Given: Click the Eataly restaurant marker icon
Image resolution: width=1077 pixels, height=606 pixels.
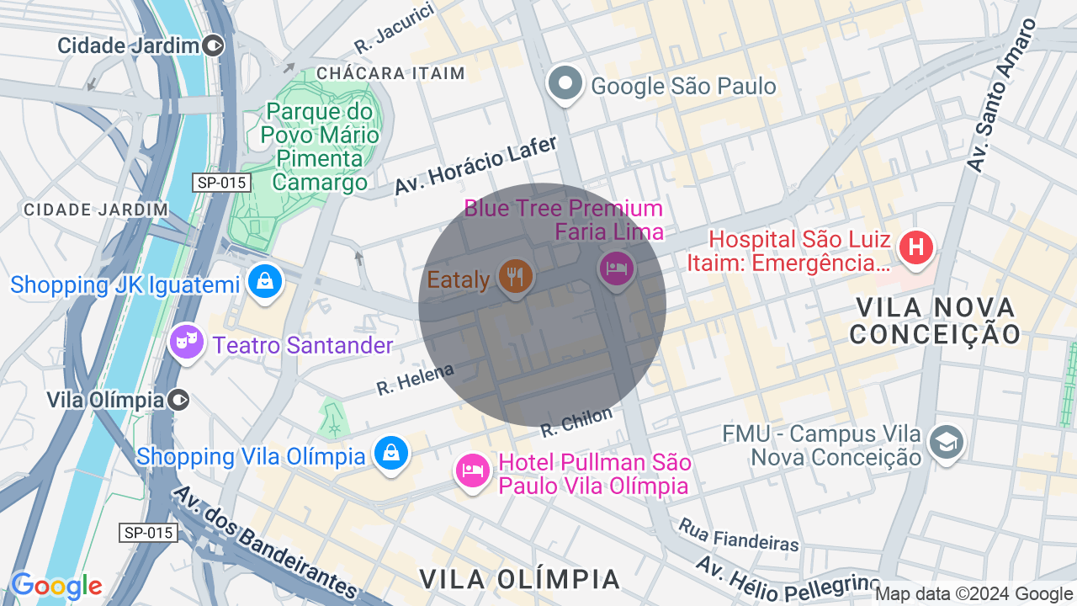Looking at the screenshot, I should (x=515, y=275).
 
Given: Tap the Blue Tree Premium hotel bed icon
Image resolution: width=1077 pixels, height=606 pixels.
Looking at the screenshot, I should (x=616, y=268).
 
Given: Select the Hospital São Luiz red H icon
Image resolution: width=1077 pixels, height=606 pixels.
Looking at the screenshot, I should (x=915, y=247).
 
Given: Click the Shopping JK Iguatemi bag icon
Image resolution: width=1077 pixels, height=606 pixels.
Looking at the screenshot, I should (x=265, y=282).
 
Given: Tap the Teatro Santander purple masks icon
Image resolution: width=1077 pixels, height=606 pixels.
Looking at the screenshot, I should (x=186, y=341).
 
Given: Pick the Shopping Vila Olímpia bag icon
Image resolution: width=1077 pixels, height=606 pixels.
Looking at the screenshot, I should (x=391, y=453).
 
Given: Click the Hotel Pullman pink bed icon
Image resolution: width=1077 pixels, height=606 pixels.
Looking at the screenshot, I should (x=472, y=470).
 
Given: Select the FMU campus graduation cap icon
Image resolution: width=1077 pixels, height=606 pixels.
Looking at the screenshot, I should (x=946, y=441).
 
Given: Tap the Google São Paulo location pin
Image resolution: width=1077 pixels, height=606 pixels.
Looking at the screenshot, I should (x=565, y=83).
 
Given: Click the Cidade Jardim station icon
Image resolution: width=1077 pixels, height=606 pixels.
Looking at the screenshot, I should (x=214, y=45).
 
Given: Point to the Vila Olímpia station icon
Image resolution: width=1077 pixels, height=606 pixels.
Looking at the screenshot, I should (x=178, y=399).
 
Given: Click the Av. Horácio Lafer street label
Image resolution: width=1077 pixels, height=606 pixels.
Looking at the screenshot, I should (x=476, y=166).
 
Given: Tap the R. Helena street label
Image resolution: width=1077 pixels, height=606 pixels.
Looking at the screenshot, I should (x=415, y=380).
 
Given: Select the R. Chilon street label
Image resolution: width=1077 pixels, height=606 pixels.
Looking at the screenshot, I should (x=576, y=422).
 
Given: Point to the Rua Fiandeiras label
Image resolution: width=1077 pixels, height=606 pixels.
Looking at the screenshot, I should (x=738, y=534).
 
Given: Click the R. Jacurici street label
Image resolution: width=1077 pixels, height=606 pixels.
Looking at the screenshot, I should (x=394, y=28).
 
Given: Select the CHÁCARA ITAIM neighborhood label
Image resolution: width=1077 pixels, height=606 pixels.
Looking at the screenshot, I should (x=390, y=73).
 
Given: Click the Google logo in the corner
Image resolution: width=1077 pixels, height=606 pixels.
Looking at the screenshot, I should (x=56, y=586).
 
